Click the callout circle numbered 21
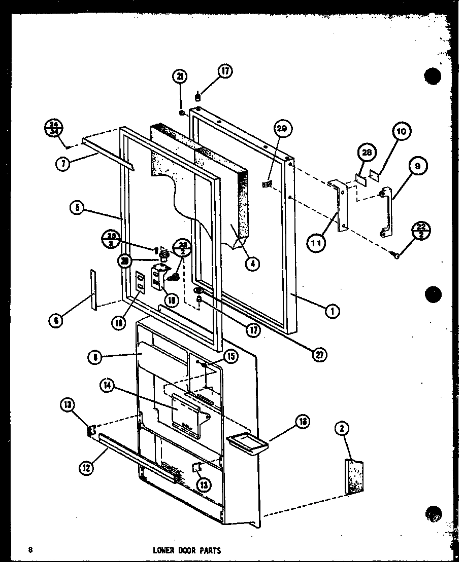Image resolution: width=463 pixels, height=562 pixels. point(180,78)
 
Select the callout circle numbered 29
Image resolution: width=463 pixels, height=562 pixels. point(282,130)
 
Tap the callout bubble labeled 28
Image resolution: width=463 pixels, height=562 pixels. point(365,153)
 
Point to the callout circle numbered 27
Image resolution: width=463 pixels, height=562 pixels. point(319,354)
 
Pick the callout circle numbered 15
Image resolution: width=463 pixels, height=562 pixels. point(230,357)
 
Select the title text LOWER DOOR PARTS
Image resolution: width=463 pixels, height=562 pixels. point(186,550)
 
